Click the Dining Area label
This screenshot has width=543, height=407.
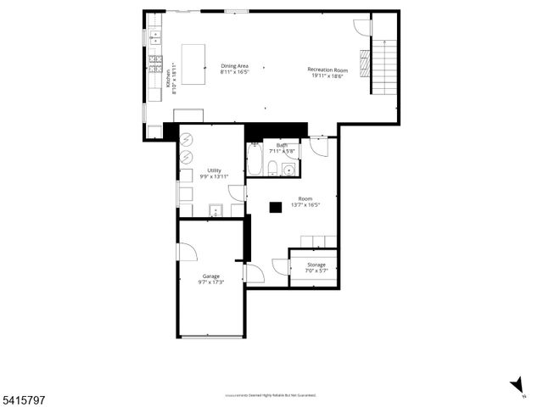234,66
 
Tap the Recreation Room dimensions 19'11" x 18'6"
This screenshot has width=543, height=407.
327,75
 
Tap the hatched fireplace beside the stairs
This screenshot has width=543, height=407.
365,63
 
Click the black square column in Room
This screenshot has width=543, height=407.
276,206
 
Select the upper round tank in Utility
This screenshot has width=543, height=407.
188,142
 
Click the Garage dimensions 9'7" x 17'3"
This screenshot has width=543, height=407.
210,281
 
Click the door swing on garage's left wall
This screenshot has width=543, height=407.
187,251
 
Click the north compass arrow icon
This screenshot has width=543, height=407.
517,387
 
